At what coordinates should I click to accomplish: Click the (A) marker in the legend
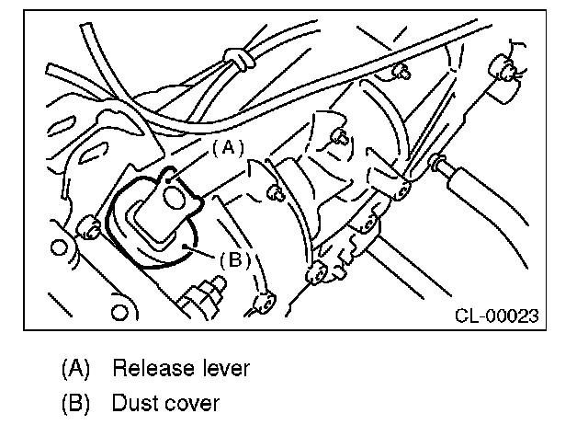tap(76, 369)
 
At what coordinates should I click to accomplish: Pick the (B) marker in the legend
tap(76, 403)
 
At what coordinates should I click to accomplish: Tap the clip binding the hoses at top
tap(240, 60)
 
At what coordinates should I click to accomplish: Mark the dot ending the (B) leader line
tap(187, 245)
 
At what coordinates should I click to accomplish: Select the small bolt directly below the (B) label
tap(264, 300)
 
